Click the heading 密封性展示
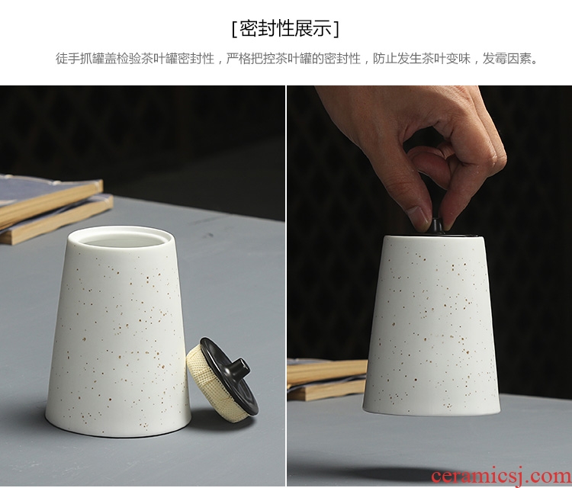click(x=286, y=28)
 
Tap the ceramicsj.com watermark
click(x=501, y=477)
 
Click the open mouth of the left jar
click(x=121, y=238)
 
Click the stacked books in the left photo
click(x=51, y=208)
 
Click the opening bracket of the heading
click(x=234, y=28)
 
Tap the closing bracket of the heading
click(x=336, y=28)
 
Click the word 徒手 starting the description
click(x=67, y=59)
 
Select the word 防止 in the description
click(x=385, y=59)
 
